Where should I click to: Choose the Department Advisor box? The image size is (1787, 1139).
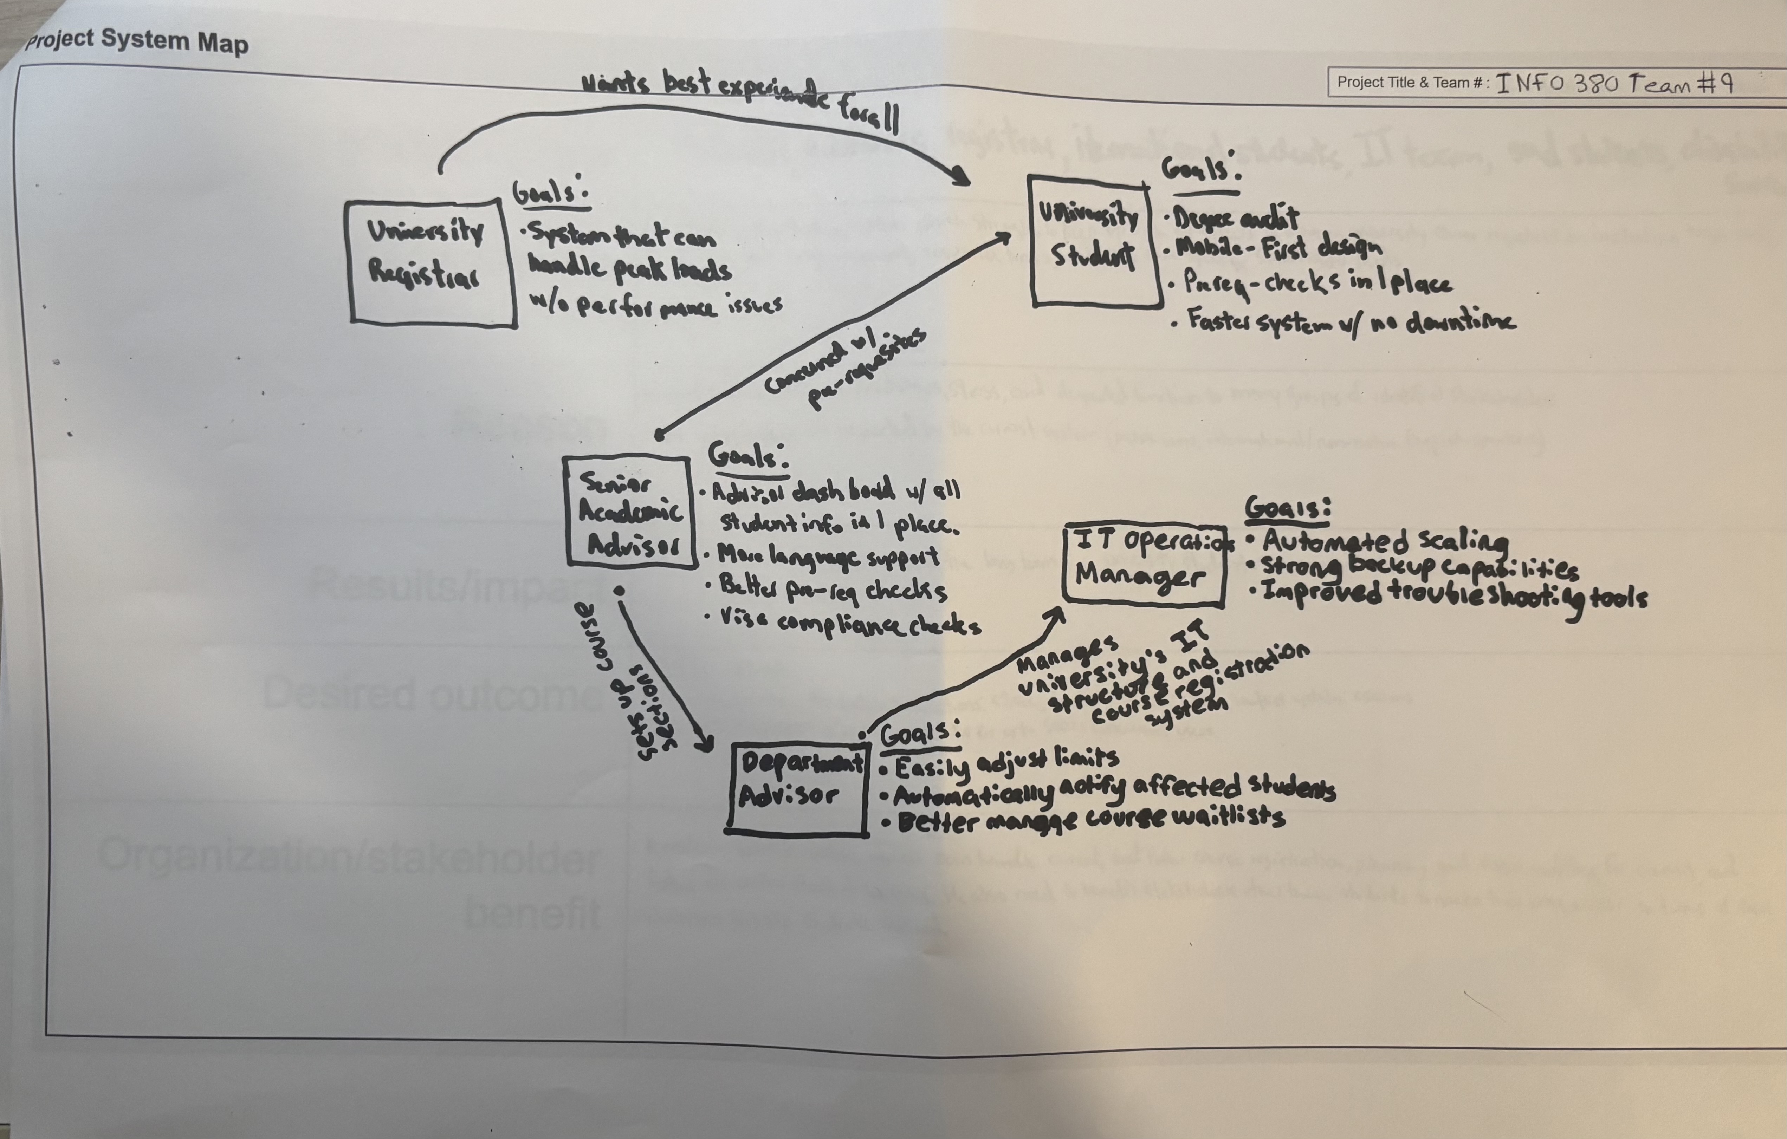coord(798,788)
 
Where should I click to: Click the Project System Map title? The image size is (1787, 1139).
coord(137,41)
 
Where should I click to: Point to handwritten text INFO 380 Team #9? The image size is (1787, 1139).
coord(1614,83)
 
